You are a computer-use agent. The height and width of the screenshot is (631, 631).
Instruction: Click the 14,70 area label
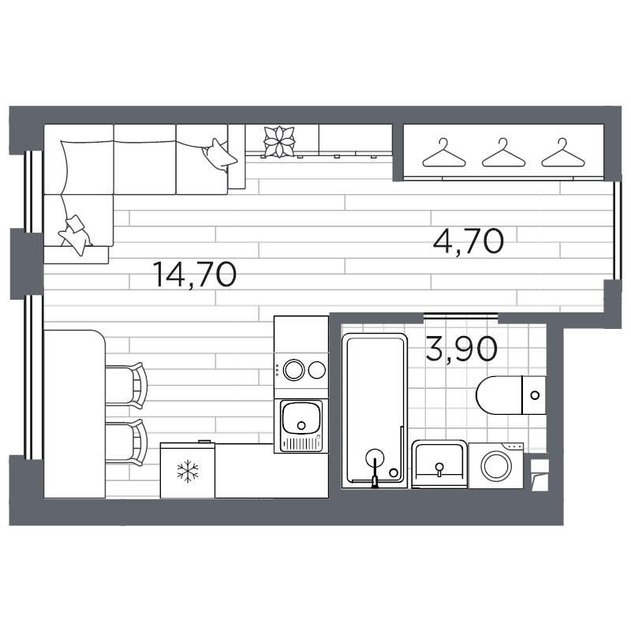click(x=195, y=275)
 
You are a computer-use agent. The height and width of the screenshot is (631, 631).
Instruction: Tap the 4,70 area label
click(x=468, y=240)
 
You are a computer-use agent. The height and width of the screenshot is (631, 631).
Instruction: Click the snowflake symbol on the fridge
click(x=187, y=472)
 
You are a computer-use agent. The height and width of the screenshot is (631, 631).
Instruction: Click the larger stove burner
click(x=296, y=370)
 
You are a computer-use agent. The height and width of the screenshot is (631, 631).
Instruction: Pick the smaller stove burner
click(x=317, y=369)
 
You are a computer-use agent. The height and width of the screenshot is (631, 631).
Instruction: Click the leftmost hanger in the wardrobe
click(x=443, y=153)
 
